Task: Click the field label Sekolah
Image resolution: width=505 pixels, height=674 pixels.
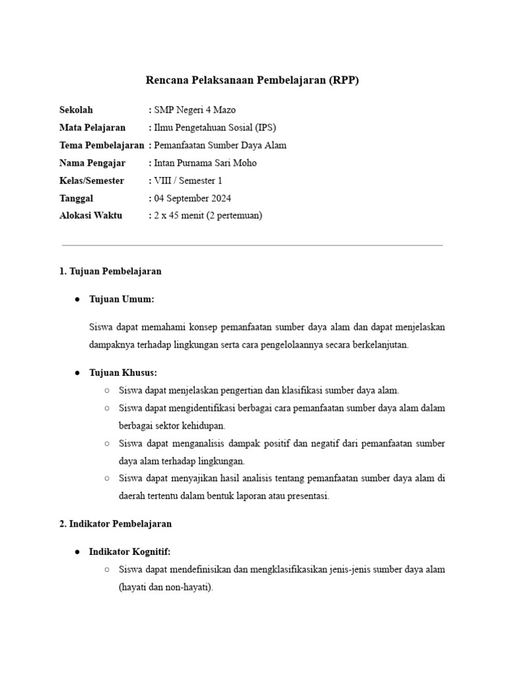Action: [x=76, y=110]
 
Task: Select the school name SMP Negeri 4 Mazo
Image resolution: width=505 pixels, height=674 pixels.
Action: [x=194, y=110]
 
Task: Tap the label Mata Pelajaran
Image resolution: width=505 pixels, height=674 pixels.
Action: [x=92, y=128]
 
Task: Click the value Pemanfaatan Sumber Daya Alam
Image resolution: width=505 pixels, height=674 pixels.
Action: [x=220, y=145]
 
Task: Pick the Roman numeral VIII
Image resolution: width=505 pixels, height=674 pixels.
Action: [x=161, y=180]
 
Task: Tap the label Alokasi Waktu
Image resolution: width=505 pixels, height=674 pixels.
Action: [x=91, y=215]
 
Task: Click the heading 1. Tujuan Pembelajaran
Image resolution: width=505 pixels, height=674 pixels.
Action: [x=110, y=271]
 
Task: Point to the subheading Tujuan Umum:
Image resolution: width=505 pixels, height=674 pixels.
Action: [x=122, y=299]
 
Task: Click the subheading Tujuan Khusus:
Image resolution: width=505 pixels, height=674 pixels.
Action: [x=123, y=373]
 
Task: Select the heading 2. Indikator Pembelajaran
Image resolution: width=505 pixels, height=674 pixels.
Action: [x=116, y=524]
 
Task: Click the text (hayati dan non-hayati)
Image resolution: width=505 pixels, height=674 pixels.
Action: [x=166, y=587]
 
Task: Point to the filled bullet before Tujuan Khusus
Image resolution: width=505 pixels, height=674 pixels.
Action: [x=77, y=373]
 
